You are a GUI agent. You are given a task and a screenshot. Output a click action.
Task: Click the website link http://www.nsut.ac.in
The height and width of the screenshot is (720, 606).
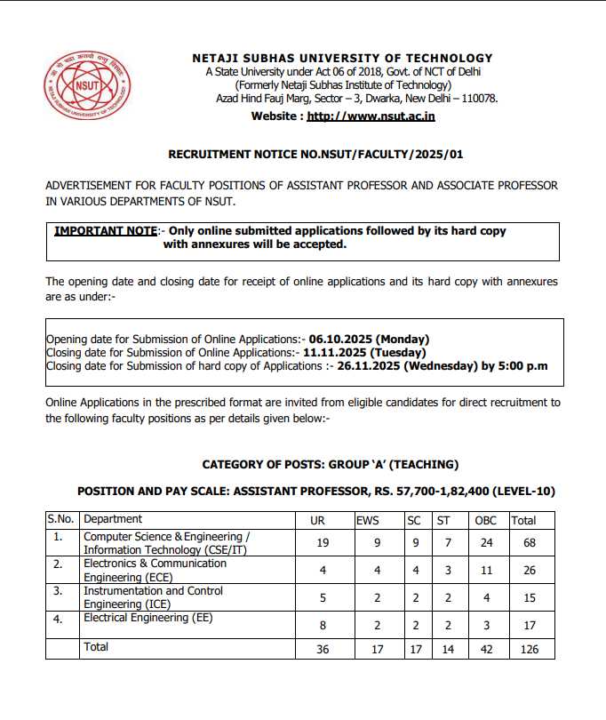tap(371, 116)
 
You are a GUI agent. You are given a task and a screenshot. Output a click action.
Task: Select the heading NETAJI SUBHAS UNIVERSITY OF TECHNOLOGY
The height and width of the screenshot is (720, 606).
tap(342, 59)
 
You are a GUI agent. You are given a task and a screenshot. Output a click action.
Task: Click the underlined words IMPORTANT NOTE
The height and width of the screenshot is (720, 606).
tap(106, 231)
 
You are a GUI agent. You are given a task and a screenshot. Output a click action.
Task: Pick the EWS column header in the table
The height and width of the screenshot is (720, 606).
tap(367, 520)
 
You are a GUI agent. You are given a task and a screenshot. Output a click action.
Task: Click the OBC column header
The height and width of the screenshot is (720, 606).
tap(486, 520)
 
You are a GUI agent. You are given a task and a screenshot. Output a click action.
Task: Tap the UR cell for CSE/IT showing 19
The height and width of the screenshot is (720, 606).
tap(322, 542)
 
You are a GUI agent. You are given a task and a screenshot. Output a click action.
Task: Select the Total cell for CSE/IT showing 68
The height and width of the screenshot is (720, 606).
tap(530, 542)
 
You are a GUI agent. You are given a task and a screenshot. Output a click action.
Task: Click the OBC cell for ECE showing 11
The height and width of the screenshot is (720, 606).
tap(485, 570)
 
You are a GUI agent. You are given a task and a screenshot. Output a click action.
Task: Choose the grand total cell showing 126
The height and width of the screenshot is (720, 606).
tap(530, 650)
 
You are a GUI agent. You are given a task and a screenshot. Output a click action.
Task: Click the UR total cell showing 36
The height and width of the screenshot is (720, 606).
tap(322, 650)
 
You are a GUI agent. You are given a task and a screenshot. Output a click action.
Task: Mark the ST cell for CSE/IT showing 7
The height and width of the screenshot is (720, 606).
tap(448, 542)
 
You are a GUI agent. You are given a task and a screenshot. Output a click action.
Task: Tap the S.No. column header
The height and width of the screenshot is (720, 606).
tap(62, 520)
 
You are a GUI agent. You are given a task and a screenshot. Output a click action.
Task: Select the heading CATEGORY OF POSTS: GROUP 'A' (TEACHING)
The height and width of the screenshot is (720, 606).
tap(330, 464)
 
